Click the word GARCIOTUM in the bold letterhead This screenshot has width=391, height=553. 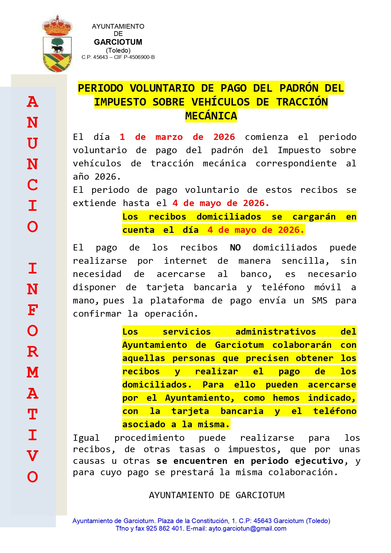[x=118, y=42]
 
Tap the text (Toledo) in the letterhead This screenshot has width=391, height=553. [x=118, y=50]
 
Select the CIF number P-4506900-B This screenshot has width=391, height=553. [x=139, y=57]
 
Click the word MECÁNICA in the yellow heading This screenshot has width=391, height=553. [x=211, y=116]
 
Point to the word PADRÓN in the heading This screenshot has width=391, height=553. [x=299, y=88]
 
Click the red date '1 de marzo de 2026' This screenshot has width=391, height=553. [x=177, y=137]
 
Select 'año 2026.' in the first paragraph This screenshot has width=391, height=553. [x=96, y=177]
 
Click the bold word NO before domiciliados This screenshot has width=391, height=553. [x=235, y=248]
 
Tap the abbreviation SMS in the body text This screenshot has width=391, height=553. [x=319, y=301]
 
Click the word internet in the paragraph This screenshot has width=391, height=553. [x=185, y=261]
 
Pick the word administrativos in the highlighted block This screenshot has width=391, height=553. [x=275, y=332]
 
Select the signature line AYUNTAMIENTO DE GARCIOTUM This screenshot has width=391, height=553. [x=216, y=495]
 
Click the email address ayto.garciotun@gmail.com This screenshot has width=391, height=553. [x=247, y=528]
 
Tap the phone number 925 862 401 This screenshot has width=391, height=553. [x=164, y=528]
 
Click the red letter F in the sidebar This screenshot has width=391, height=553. [x=33, y=310]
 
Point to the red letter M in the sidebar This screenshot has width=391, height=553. [x=33, y=372]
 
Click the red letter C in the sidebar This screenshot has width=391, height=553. [x=33, y=185]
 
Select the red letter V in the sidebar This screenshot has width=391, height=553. [x=33, y=456]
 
